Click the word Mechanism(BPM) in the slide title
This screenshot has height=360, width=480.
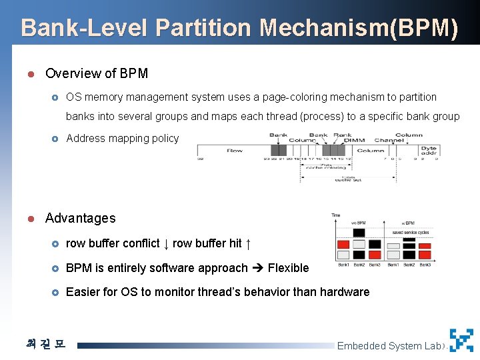pos(359,28)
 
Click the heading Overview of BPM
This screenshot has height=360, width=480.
pos(97,73)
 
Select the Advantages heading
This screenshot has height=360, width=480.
pos(80,218)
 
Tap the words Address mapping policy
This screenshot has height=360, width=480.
pos(123,139)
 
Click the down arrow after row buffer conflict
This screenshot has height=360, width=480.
pos(166,244)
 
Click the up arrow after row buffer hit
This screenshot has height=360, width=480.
pos(248,244)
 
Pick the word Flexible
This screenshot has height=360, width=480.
pos(288,268)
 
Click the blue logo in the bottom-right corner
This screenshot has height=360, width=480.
pos(461,340)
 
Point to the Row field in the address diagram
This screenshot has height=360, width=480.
pos(235,151)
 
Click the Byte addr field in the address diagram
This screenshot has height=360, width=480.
pos(429,151)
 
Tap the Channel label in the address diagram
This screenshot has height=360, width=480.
pos(389,141)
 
